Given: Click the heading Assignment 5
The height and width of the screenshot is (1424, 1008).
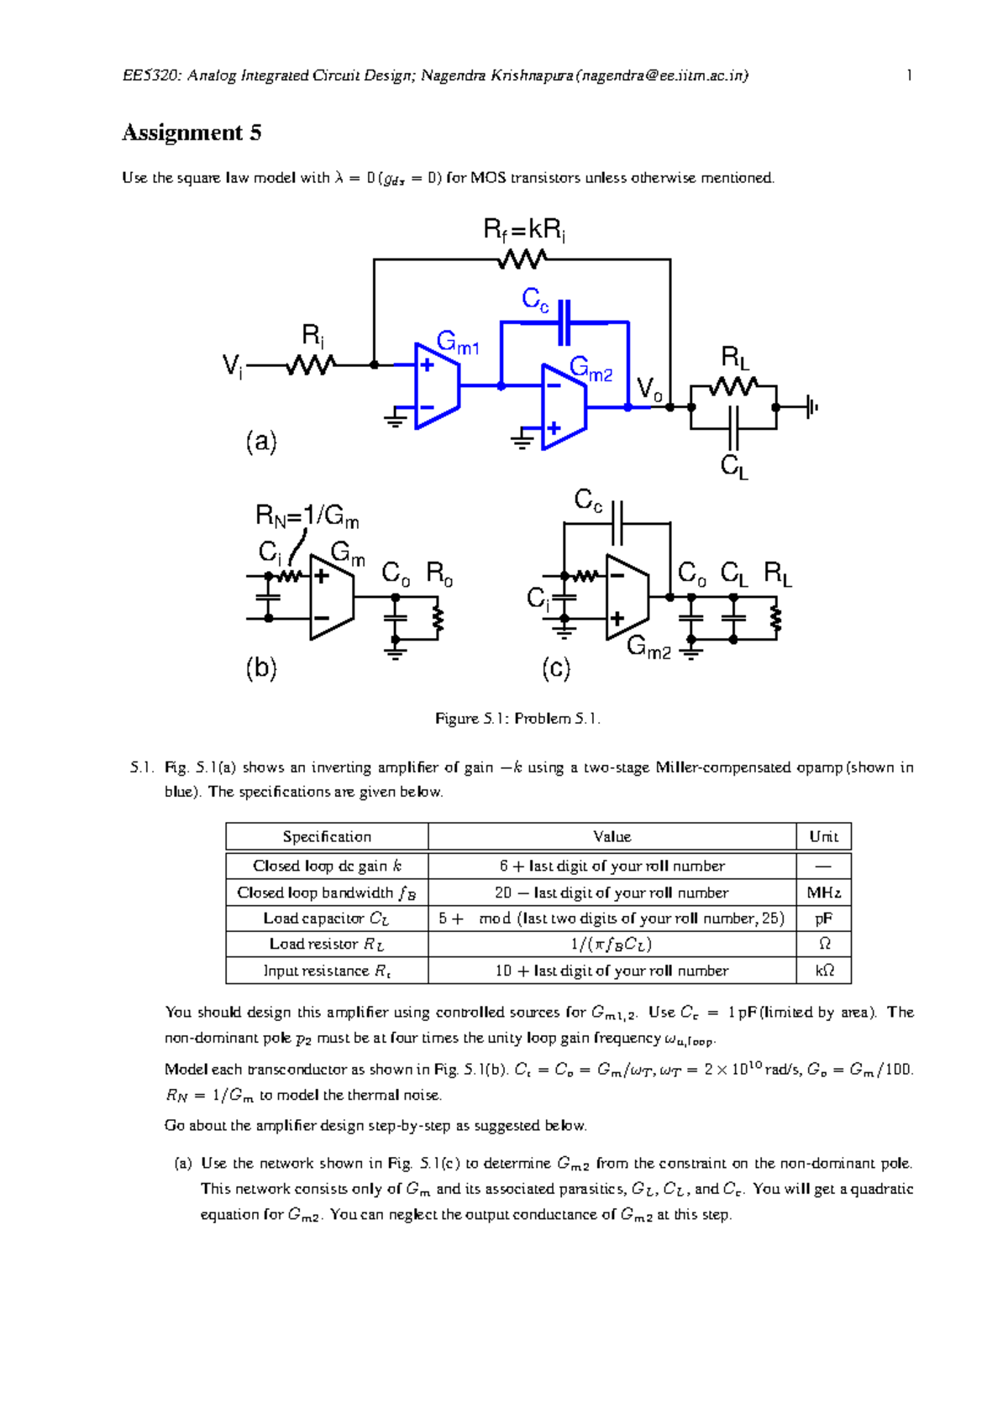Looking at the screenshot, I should tap(192, 133).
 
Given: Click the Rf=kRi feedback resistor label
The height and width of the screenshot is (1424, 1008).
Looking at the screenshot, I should tap(524, 229).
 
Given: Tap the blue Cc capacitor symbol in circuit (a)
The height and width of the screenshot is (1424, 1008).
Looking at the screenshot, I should tap(564, 322).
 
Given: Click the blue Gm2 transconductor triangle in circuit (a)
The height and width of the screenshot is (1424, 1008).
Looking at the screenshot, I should tap(563, 407).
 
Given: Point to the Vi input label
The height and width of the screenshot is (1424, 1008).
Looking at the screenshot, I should tap(232, 366).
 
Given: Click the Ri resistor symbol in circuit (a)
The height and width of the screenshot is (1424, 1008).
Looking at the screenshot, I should tap(311, 365).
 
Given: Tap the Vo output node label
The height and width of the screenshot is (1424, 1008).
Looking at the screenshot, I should tap(648, 389).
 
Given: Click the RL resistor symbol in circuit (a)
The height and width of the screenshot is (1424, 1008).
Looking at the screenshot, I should tap(733, 386).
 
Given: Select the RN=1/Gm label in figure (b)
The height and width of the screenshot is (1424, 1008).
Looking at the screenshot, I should tap(307, 516).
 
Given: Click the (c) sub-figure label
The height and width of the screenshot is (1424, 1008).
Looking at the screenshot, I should tap(556, 668).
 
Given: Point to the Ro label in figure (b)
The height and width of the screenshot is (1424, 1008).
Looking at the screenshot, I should tap(439, 573).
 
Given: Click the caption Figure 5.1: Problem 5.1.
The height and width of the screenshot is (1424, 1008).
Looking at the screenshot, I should tap(517, 719).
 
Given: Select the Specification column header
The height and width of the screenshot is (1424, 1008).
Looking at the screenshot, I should tap(327, 836).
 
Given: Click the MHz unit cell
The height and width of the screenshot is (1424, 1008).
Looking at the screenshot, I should tap(823, 893).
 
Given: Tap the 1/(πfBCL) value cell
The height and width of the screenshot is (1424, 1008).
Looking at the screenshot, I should tap(612, 944).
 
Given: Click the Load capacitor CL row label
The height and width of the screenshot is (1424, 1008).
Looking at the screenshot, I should tap(327, 919).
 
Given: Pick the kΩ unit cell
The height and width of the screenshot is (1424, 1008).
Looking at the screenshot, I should tap(823, 971).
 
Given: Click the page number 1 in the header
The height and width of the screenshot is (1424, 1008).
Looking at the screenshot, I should tap(909, 76).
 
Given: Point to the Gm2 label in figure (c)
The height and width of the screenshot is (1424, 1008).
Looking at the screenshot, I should tap(648, 647).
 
